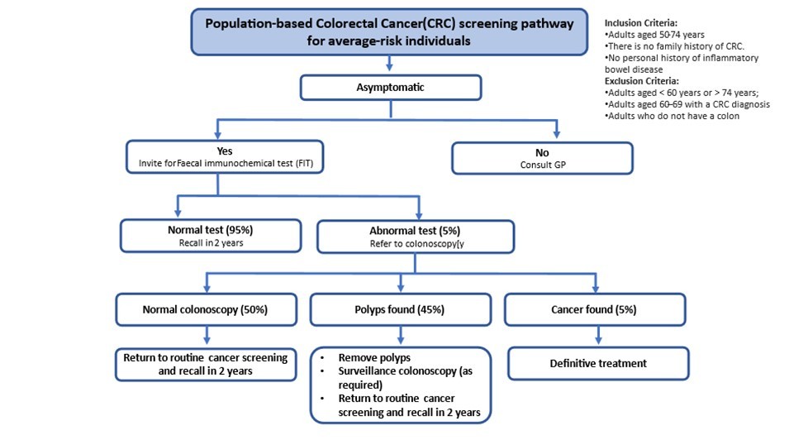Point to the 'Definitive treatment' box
click(597, 363)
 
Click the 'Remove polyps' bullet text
click(373, 358)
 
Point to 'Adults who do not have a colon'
click(673, 117)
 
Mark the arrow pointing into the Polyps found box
click(400, 281)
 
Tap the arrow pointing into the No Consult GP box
click(558, 131)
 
